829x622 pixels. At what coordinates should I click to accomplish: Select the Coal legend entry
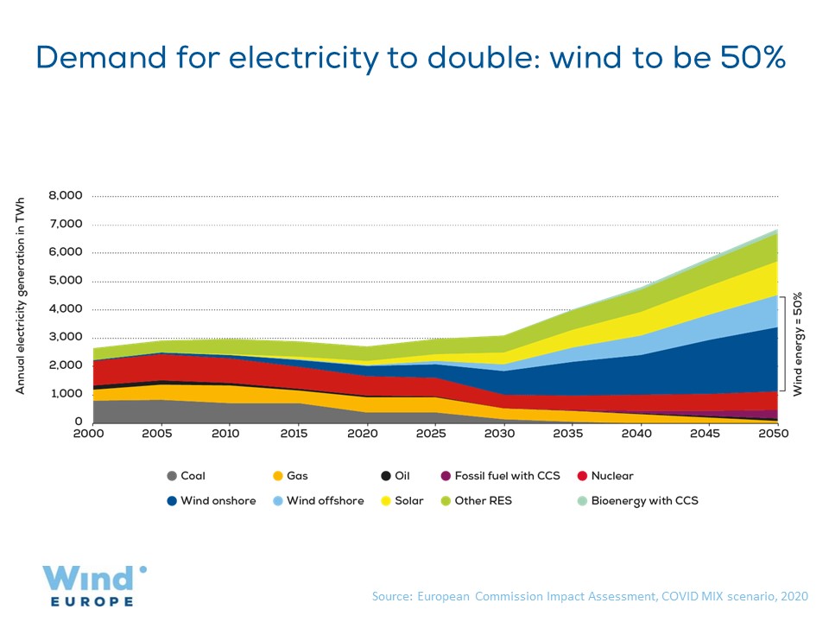pyautogui.click(x=186, y=476)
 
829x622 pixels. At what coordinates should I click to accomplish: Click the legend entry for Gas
pyautogui.click(x=290, y=476)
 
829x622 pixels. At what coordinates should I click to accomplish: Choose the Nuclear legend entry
pyautogui.click(x=604, y=476)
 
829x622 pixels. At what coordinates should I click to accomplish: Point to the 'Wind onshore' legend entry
pyautogui.click(x=211, y=501)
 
